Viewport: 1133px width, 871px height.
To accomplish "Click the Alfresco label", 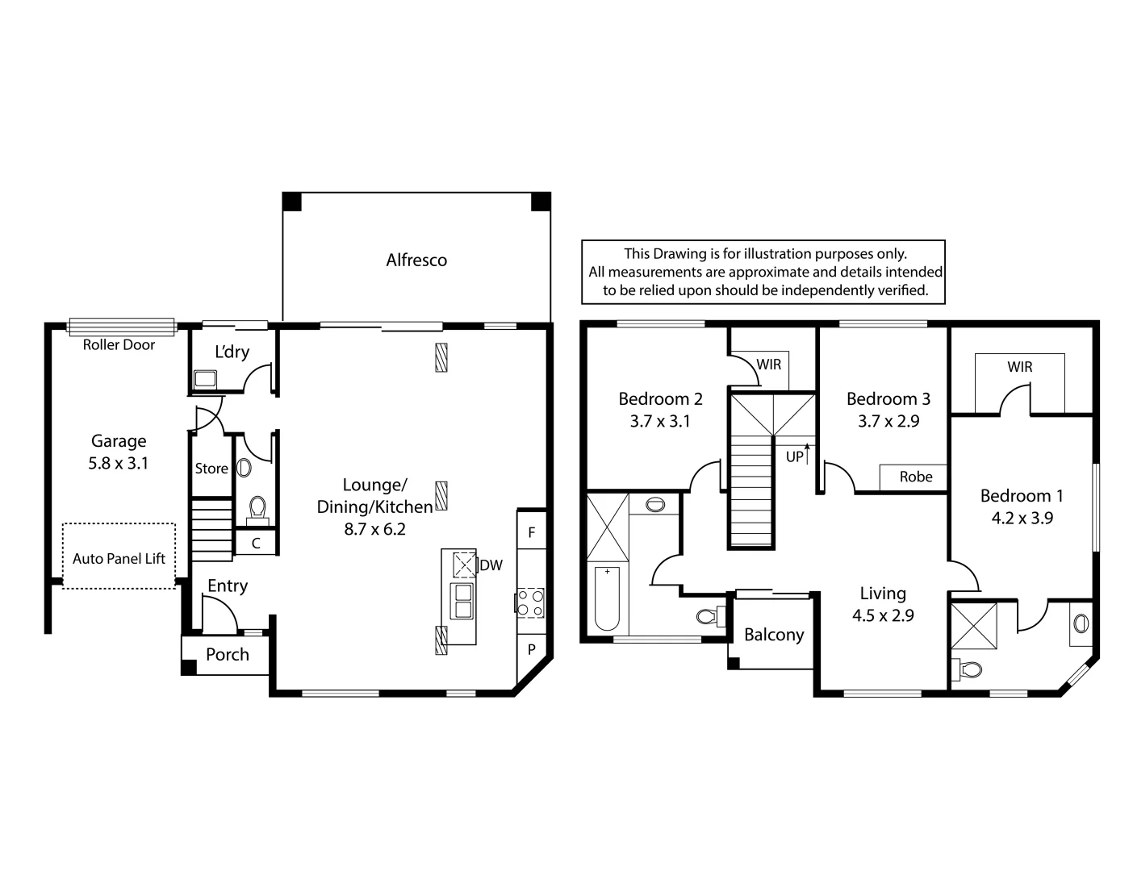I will coord(416,260).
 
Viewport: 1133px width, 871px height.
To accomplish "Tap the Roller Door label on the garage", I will coord(119,344).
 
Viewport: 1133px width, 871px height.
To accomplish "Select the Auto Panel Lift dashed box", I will coord(119,556).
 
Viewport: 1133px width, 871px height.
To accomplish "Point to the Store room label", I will coord(211,469).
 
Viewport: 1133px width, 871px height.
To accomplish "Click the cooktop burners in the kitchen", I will coord(530,602).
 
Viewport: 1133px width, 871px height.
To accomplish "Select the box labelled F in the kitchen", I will coord(531,532).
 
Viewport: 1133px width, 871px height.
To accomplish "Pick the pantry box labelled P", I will coord(532,649).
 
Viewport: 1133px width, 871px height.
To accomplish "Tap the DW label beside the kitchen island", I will coord(491,565).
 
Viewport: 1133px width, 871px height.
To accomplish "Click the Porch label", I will coord(228,654).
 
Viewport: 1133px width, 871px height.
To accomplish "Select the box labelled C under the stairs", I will coord(255,544).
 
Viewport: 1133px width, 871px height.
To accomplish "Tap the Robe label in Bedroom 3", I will coord(916,477).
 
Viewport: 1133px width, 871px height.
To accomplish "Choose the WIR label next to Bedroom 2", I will coord(769,365).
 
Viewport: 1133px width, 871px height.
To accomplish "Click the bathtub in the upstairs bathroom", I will coord(607,598).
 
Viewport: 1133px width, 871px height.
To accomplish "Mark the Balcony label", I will coord(774,635).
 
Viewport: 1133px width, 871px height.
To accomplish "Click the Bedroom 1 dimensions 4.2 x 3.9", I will coord(1022,518).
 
